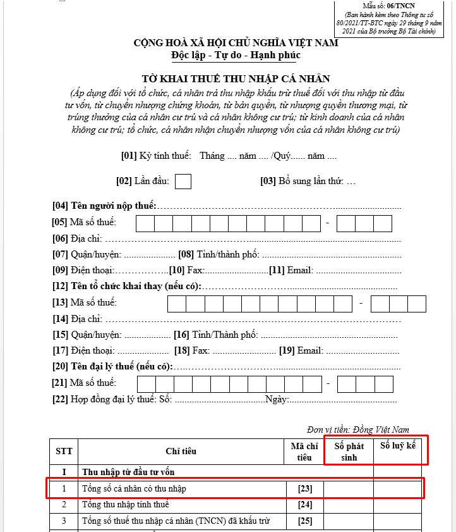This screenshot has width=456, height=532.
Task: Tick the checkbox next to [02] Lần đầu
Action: pyautogui.click(x=183, y=181)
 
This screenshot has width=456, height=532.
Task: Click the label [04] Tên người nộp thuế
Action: pyautogui.click(x=104, y=206)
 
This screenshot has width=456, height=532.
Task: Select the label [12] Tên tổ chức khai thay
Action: pyautogui.click(x=126, y=287)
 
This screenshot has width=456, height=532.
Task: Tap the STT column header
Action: pyautogui.click(x=64, y=451)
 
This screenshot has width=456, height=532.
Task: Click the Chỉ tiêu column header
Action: pyautogui.click(x=181, y=451)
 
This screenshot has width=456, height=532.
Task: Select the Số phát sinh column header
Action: pyautogui.click(x=349, y=451)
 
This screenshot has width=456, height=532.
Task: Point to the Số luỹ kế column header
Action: pyautogui.click(x=398, y=446)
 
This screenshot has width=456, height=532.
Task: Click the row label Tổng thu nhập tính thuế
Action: pyautogui.click(x=125, y=505)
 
